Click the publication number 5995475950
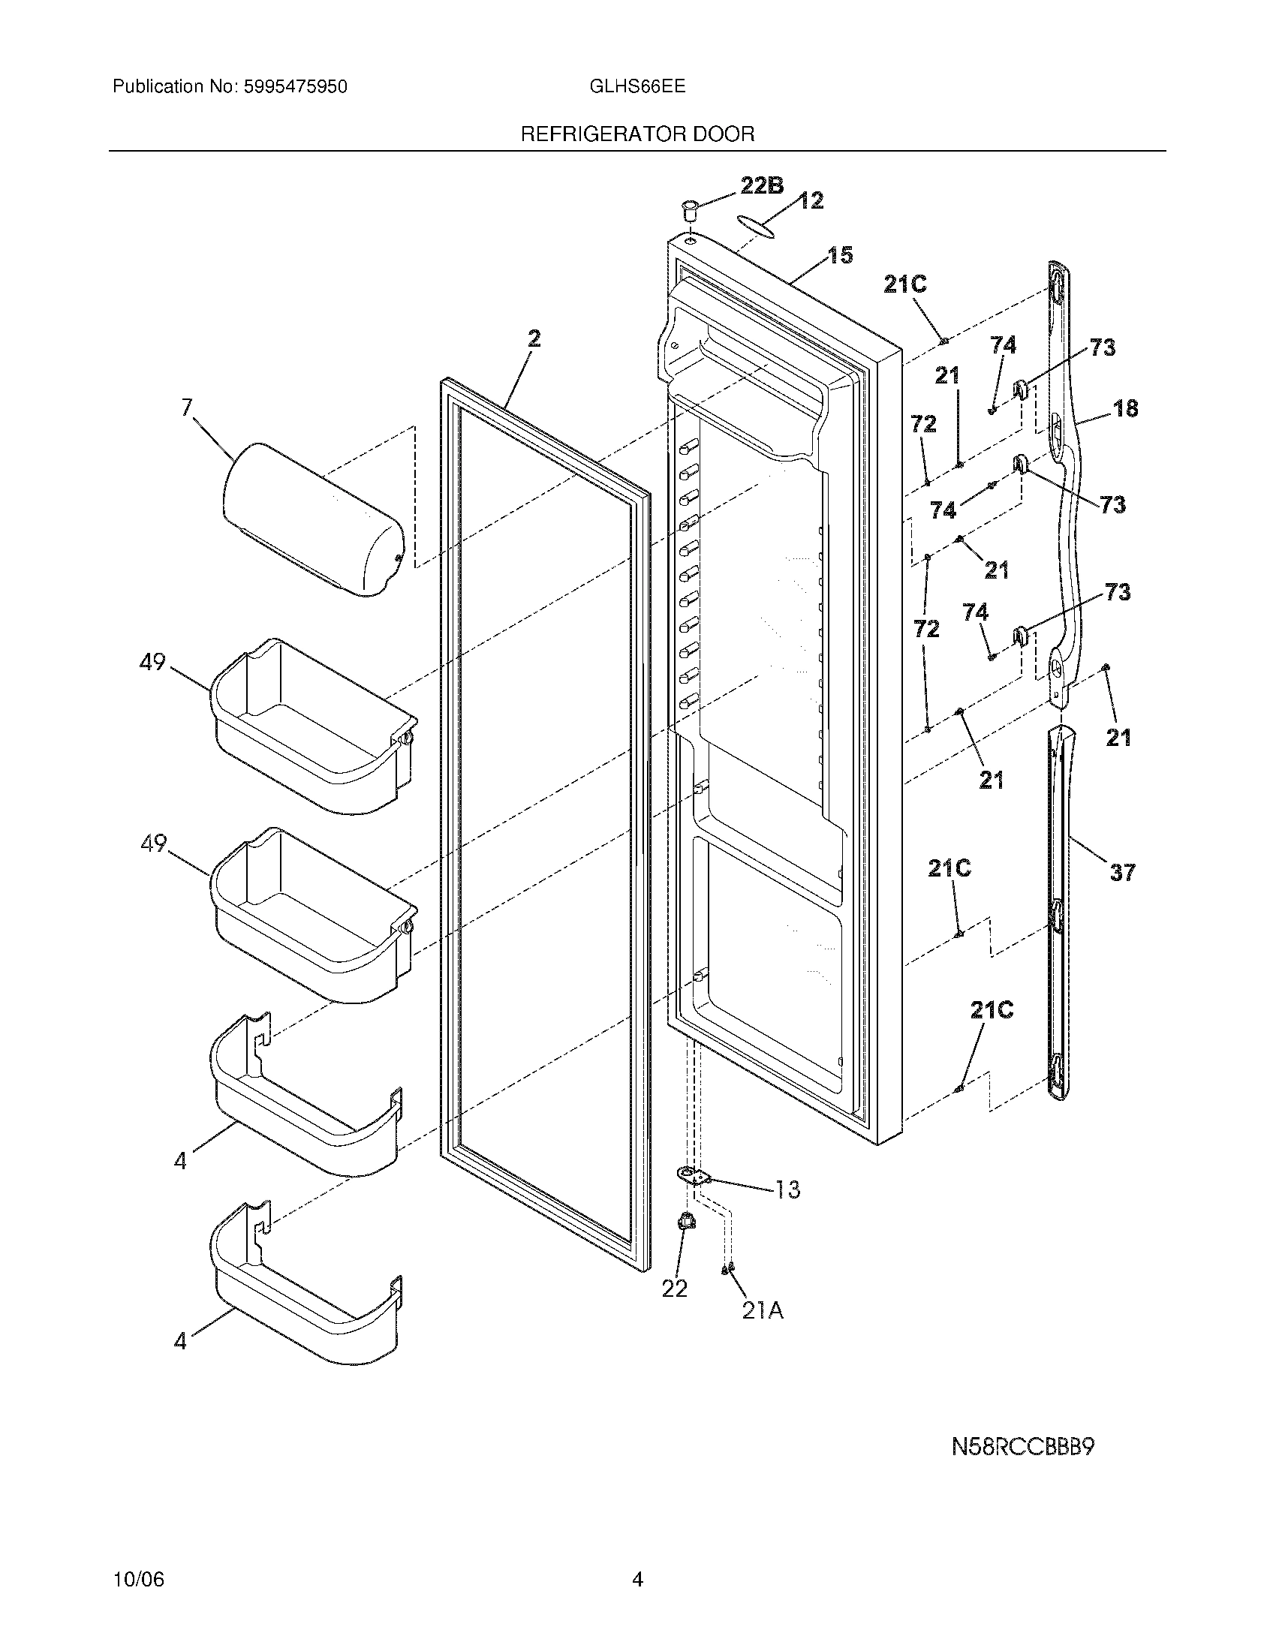point(296,87)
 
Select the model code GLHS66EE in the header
point(637,86)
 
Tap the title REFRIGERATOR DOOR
point(637,134)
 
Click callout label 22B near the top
point(761,185)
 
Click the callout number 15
point(840,255)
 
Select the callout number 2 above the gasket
point(534,339)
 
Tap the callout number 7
point(187,409)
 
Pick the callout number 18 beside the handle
point(1125,409)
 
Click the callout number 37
point(1122,873)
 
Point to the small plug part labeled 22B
point(688,208)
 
